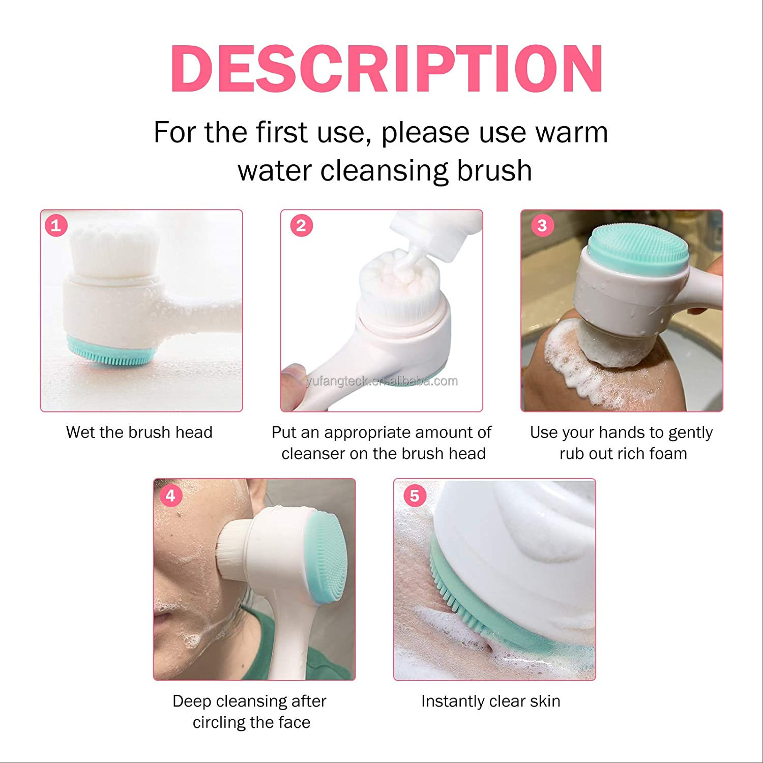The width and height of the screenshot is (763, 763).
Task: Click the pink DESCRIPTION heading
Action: pyautogui.click(x=387, y=69)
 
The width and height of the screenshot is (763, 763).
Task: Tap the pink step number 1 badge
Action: pyautogui.click(x=56, y=225)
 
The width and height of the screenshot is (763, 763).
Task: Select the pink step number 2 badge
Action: pyautogui.click(x=301, y=225)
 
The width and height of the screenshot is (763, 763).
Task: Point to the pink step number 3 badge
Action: pyautogui.click(x=542, y=225)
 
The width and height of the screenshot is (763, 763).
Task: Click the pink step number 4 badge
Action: pyautogui.click(x=170, y=495)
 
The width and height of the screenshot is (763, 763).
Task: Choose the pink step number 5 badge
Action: pyautogui.click(x=415, y=495)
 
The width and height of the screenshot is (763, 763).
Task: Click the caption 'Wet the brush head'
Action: pyautogui.click(x=139, y=432)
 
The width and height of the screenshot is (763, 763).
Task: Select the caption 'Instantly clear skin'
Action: pyautogui.click(x=490, y=701)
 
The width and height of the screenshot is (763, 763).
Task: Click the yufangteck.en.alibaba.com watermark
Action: pyautogui.click(x=382, y=381)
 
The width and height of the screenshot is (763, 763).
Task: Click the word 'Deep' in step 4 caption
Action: pyautogui.click(x=191, y=701)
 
